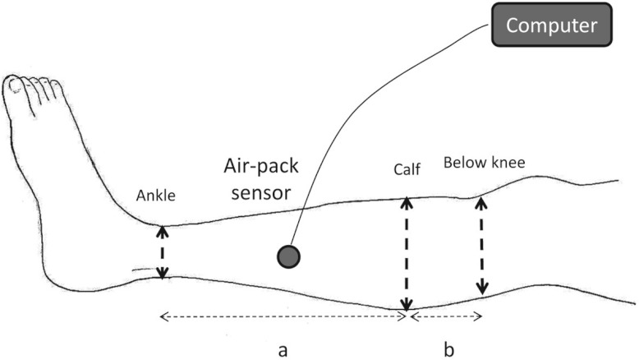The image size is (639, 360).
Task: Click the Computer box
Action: [x=550, y=25]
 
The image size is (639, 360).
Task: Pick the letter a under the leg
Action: [x=282, y=350]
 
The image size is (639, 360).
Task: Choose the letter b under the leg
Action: [x=448, y=350]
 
